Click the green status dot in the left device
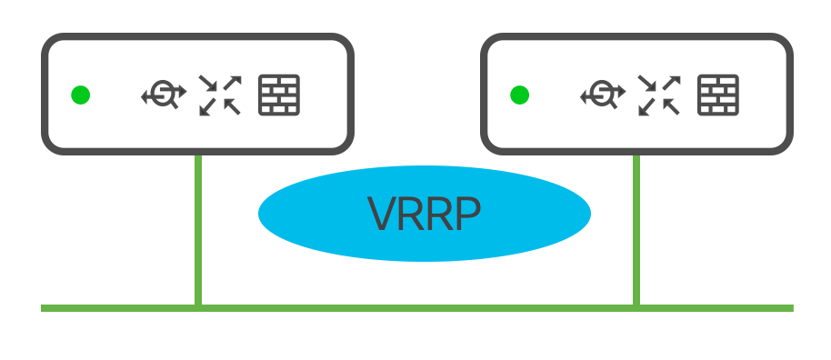(81, 95)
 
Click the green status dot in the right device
(519, 95)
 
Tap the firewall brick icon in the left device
(279, 95)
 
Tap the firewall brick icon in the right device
(718, 95)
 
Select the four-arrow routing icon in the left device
(220, 95)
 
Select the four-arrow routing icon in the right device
(659, 95)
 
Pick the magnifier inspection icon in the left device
(164, 95)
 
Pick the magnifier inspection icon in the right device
(603, 95)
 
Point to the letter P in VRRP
(468, 214)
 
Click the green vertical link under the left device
(198, 230)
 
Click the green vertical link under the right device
(636, 230)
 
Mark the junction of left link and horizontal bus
(198, 308)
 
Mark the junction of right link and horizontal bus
(636, 308)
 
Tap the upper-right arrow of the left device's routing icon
(232, 83)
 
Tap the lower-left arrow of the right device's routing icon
(646, 107)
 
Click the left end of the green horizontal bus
(41, 308)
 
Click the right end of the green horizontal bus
(793, 308)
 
